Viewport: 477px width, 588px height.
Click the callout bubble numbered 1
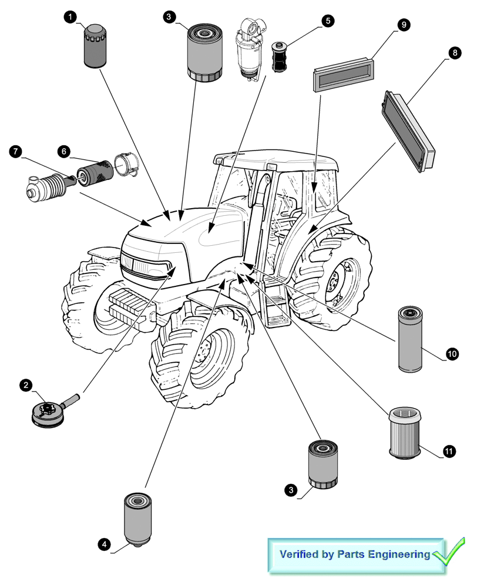71,18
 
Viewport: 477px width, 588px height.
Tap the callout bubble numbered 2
26,386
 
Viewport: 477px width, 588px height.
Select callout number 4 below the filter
104,544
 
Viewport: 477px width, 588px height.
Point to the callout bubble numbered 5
327,21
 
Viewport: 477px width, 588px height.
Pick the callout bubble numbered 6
62,151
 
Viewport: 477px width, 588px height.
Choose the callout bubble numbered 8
454,53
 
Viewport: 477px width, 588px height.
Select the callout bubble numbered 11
448,452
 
